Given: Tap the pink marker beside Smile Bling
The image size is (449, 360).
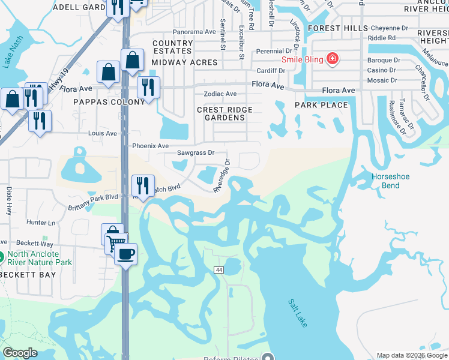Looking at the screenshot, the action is tap(331, 59).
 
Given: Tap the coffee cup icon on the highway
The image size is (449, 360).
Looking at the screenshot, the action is tap(125, 254).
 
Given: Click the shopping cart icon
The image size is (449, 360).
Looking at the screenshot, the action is tap(115, 242).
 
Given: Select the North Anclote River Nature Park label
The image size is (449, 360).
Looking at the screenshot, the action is tap(40, 258).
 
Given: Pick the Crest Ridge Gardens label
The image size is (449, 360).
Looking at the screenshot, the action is tap(225, 113).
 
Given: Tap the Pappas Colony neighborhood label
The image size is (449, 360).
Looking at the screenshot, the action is tap(109, 102).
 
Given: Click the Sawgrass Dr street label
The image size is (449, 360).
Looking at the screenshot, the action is tap(196, 152).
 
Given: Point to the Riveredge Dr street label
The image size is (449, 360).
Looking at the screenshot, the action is tap(222, 176).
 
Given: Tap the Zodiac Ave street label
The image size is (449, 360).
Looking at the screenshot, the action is tap(221, 94).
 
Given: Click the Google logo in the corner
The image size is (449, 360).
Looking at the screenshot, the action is tap(20, 352).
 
